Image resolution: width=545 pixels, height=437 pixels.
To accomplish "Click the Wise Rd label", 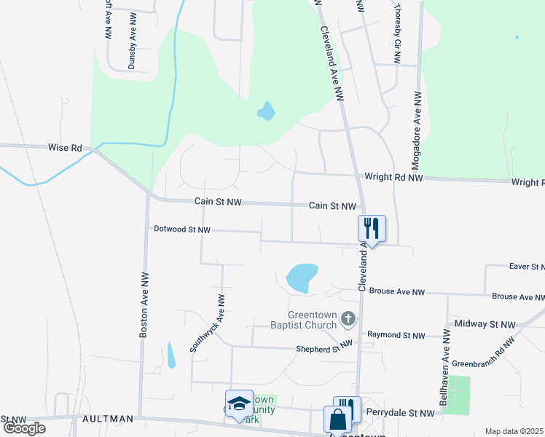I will click(65, 147).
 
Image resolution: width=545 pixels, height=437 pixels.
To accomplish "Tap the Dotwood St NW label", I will click(182, 229).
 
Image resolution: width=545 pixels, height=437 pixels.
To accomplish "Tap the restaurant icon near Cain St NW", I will click(372, 228).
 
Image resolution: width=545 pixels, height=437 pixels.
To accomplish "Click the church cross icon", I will click(348, 318).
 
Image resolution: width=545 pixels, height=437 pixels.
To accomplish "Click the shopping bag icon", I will click(337, 420).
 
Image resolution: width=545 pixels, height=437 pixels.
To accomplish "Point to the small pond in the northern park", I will click(266, 111).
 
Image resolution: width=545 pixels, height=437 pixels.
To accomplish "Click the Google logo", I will click(24, 428).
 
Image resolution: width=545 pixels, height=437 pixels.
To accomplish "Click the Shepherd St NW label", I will click(324, 349).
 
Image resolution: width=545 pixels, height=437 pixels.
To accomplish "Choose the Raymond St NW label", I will click(396, 335).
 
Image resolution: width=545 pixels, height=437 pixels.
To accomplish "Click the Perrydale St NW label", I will click(400, 413).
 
